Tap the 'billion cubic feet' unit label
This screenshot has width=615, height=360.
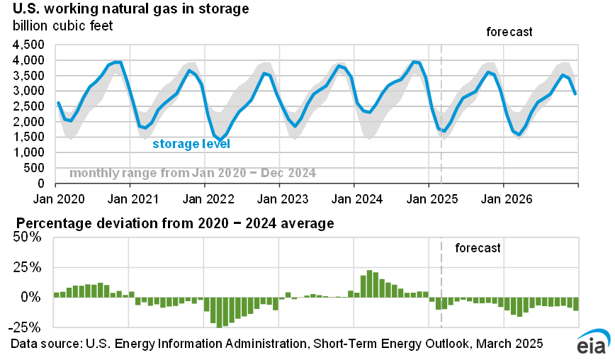pyautogui.click(x=62, y=26)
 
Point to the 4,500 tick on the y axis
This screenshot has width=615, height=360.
pyautogui.click(x=29, y=44)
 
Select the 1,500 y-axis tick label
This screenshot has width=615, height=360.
pyautogui.click(x=29, y=137)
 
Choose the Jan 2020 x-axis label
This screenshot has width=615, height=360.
pyautogui.click(x=55, y=196)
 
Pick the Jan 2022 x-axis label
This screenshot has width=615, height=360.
pyautogui.click(x=204, y=196)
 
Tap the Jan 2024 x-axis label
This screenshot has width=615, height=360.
pyautogui.click(x=354, y=196)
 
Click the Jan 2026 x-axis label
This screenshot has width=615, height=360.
pyautogui.click(x=503, y=196)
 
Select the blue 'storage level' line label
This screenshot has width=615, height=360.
pyautogui.click(x=191, y=144)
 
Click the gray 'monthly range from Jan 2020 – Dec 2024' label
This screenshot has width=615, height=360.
pyautogui.click(x=193, y=173)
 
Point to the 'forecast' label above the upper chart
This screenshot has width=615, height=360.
pyautogui.click(x=509, y=33)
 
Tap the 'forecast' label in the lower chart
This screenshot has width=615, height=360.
pyautogui.click(x=478, y=248)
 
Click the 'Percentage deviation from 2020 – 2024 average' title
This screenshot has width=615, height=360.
pyautogui.click(x=172, y=224)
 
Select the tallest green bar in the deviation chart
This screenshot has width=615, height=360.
pyautogui.click(x=369, y=283)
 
